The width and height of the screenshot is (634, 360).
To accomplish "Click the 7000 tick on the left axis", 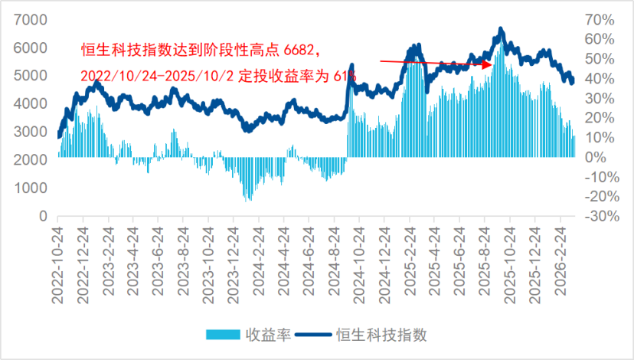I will coord(30,20).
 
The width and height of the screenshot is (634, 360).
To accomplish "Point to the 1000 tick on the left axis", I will coord(30,188).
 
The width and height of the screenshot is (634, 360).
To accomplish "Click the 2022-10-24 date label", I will coord(57,264).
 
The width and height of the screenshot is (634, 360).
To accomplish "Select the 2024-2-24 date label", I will coord(259,264).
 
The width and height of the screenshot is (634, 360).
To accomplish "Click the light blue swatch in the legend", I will coord(224,335).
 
